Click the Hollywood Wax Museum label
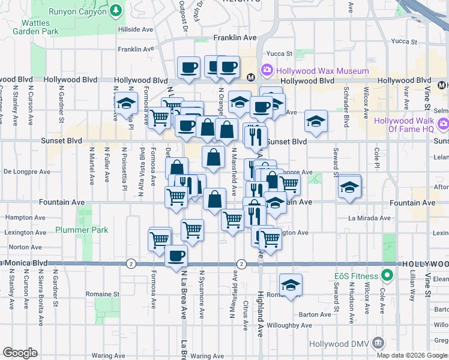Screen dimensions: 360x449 pos(323,71)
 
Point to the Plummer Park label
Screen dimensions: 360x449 pos(90,229)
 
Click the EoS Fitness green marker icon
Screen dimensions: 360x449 pos(387,276)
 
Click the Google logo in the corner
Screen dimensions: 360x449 pos(20,353)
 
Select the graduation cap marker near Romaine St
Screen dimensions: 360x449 pos(291,284)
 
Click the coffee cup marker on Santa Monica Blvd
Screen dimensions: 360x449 pos(176,256)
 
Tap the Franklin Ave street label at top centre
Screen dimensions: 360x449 pos(235,38)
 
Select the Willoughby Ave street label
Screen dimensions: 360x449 pos(290,326)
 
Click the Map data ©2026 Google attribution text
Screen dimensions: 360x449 pos(411,355)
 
